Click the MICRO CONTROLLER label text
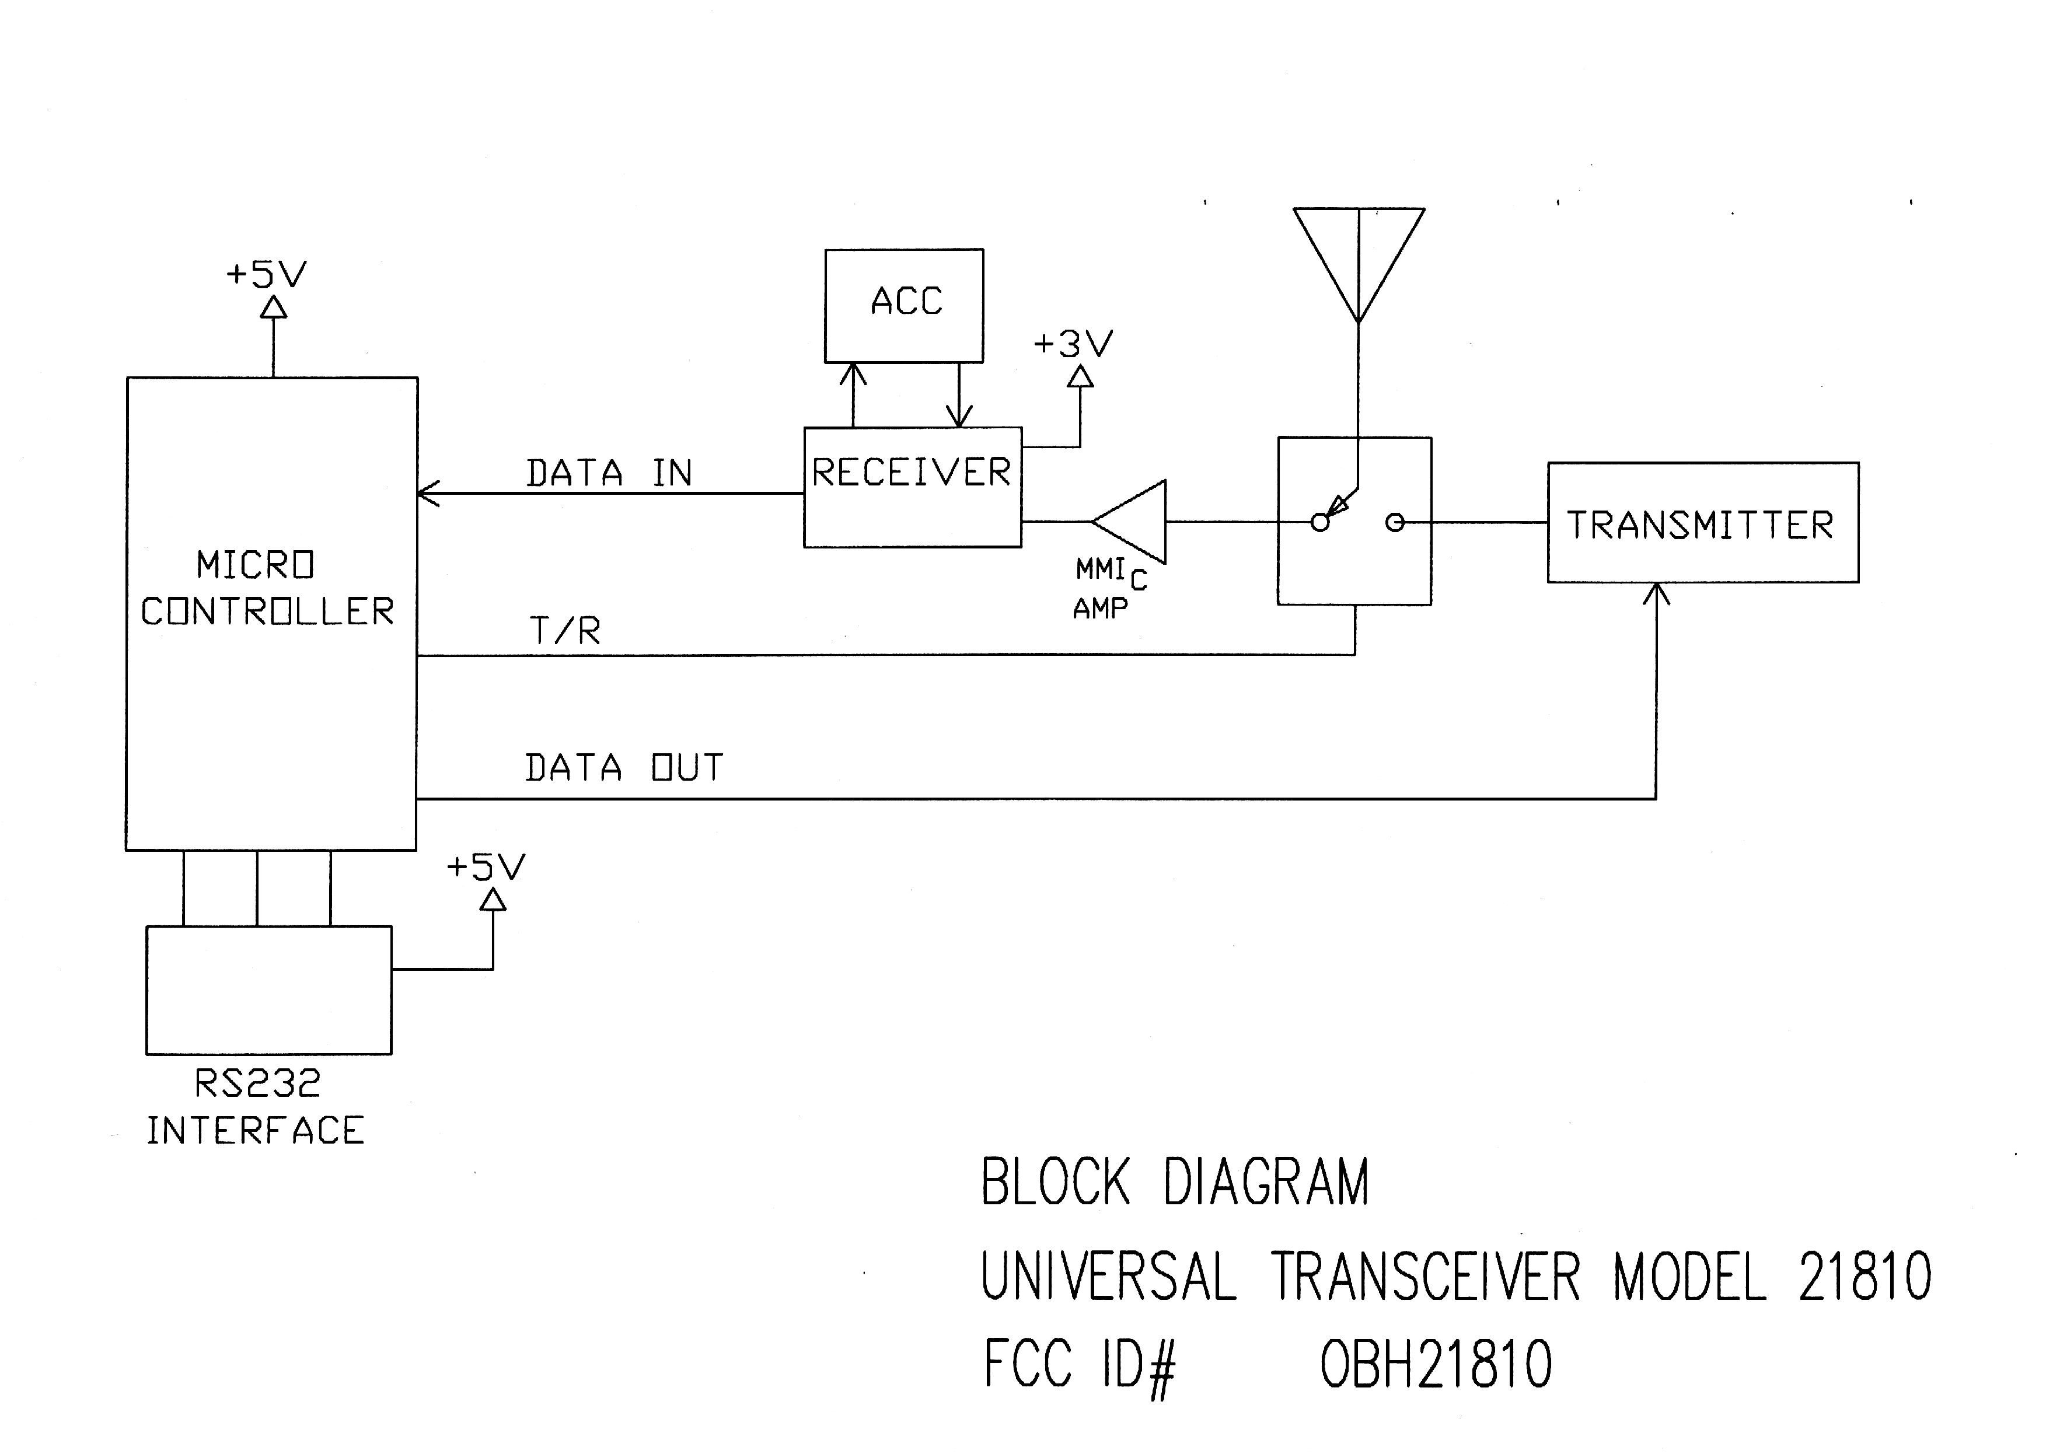click(267, 588)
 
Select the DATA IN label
click(609, 473)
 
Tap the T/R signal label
click(565, 630)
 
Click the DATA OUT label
click(623, 767)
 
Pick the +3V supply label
click(1073, 344)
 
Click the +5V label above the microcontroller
click(266, 274)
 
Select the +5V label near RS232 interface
click(486, 866)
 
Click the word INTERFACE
click(255, 1131)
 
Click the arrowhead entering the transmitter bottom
click(1657, 593)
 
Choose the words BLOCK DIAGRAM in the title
click(1175, 1182)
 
